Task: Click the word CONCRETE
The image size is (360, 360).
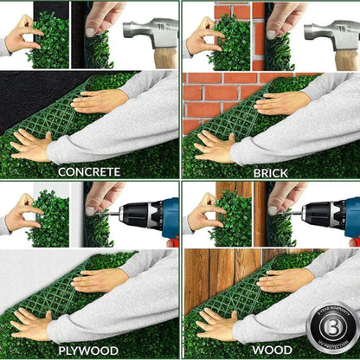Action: click(89, 171)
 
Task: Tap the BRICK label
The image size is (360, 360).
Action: click(270, 172)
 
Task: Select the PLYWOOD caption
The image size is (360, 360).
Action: click(89, 350)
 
